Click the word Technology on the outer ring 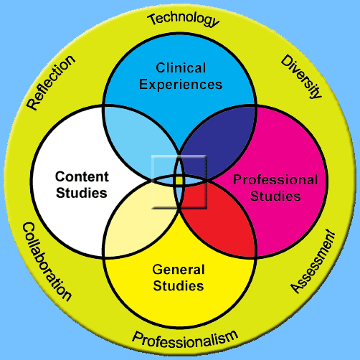point(183,19)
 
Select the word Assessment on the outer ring point(313,262)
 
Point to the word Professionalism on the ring point(185,339)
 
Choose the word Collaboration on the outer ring point(47,261)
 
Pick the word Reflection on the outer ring point(51,82)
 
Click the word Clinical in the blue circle point(181,68)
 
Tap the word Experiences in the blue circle point(181,85)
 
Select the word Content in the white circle point(82,177)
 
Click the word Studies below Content point(82,193)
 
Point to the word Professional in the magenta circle point(275,180)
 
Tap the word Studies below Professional point(275,196)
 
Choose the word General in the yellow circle point(179,270)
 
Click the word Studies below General point(179,286)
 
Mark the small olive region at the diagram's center point(179,181)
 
